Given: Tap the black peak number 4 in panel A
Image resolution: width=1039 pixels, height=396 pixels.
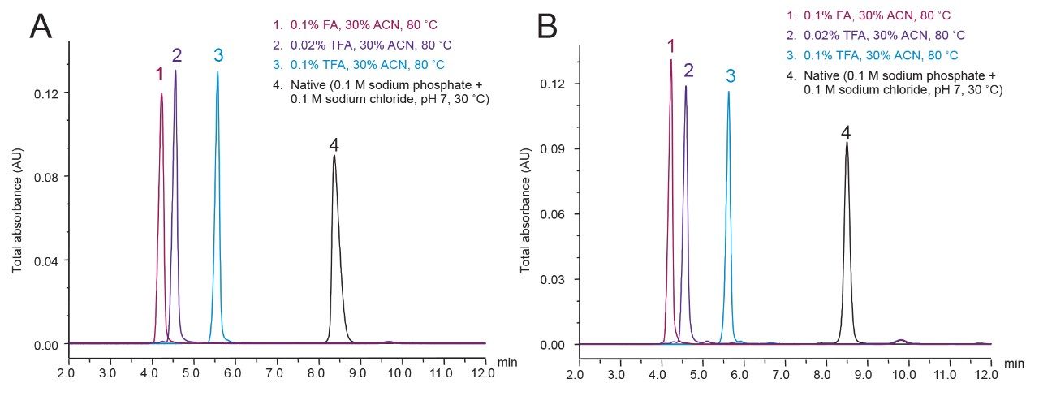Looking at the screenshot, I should [334, 144].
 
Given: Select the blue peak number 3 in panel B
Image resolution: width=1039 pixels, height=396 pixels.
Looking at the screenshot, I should [731, 75].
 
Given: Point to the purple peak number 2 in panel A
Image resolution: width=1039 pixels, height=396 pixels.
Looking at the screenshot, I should [176, 56].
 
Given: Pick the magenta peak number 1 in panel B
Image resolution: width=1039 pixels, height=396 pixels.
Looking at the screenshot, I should [670, 46].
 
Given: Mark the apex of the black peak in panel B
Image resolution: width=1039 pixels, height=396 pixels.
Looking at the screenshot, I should [847, 143].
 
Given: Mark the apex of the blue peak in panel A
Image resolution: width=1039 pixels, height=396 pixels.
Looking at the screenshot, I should [218, 71].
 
